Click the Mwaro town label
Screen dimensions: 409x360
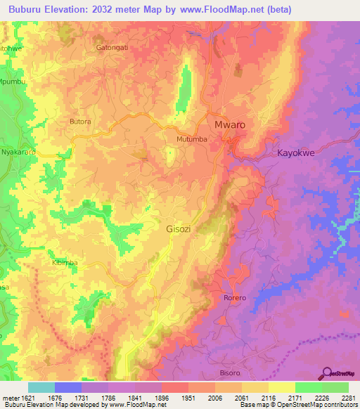pyautogui.click(x=229, y=124)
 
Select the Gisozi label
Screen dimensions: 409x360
pyautogui.click(x=178, y=229)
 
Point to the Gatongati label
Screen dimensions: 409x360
pyautogui.click(x=112, y=48)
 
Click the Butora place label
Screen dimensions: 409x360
pyautogui.click(x=80, y=122)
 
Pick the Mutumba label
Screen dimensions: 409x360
pyautogui.click(x=191, y=140)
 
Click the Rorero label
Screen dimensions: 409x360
pyautogui.click(x=235, y=298)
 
